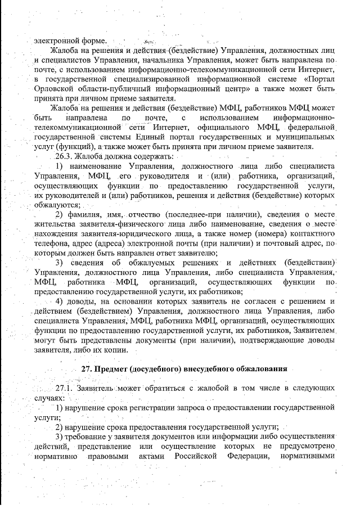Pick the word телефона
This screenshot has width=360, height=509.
[51, 244]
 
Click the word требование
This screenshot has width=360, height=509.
[88, 437]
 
